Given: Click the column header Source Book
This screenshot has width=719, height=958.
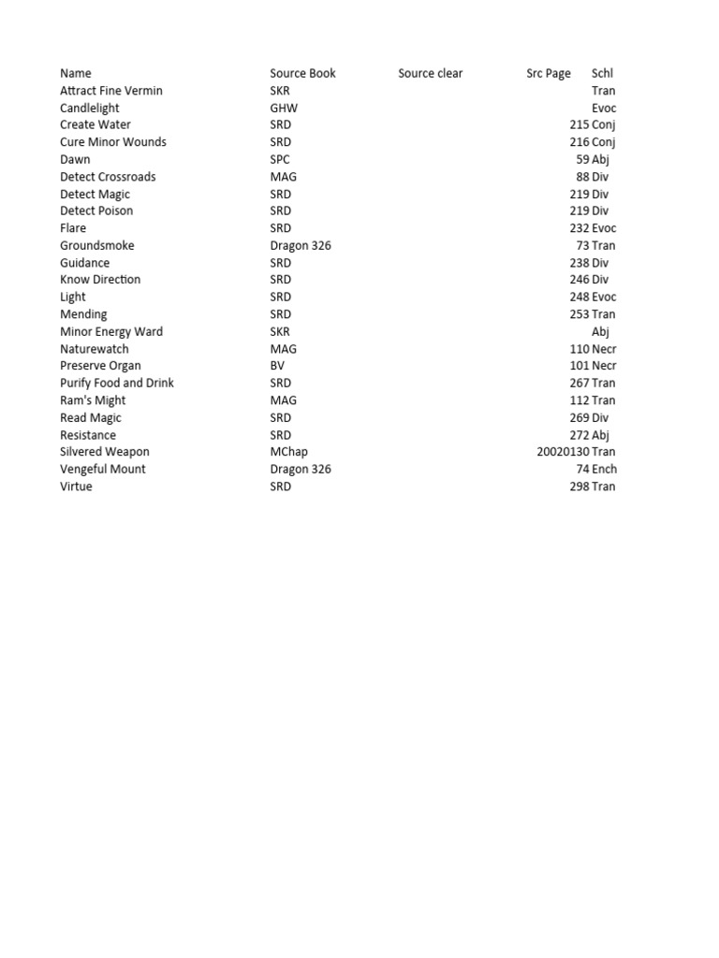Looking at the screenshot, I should pos(302,73).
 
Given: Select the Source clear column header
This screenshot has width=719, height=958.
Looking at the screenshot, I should pos(430,73).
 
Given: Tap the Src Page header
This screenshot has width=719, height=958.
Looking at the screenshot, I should pos(548,73).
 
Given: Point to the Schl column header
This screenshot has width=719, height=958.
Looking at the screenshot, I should pos(602,73).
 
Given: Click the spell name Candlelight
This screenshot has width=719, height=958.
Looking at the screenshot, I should pos(90,108).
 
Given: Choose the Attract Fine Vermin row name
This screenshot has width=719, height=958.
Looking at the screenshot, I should pos(110,91).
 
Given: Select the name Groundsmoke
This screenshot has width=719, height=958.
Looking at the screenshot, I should pos(97,245).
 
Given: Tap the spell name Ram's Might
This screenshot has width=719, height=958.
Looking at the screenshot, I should pos(93,400).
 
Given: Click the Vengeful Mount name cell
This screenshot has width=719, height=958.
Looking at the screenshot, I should pos(103,469).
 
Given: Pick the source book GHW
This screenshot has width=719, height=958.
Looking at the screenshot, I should pos(284,108).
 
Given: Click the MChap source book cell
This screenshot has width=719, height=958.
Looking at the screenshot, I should pos(288,452).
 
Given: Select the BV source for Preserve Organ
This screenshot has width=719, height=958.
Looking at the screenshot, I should pos(277,366).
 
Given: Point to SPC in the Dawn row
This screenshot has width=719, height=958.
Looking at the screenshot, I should pos(280,159).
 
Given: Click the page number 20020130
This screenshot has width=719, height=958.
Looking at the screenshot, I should pos(563,452).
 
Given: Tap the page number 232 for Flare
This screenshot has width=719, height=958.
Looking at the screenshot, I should pos(580,228).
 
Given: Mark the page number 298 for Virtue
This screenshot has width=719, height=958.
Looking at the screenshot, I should pos(580,486).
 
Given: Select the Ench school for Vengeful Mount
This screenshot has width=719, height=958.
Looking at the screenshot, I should pos(605,469).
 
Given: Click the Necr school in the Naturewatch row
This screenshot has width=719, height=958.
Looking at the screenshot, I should pos(605,349).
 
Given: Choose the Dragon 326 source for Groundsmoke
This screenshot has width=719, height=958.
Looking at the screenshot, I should pos(301,245).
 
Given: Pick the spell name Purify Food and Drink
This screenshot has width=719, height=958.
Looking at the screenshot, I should pos(117,383).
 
